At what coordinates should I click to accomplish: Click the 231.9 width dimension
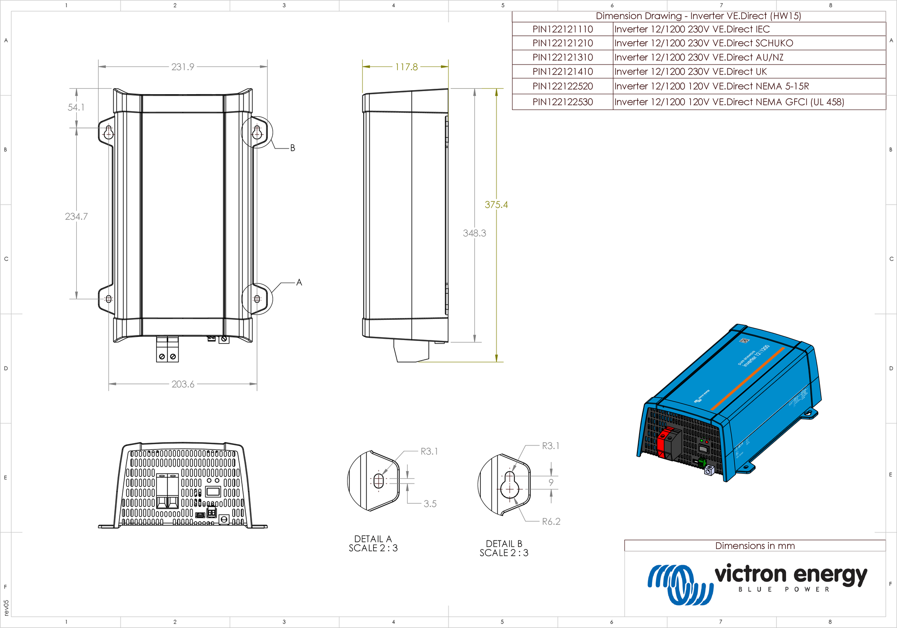point(183,67)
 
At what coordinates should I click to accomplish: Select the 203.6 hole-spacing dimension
point(183,384)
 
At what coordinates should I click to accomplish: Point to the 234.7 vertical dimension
point(76,216)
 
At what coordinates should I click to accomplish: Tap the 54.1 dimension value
point(76,107)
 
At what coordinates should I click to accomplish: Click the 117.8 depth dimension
point(406,67)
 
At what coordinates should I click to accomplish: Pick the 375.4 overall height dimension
point(496,205)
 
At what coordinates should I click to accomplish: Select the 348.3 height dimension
point(474,233)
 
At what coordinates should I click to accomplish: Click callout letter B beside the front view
point(292,148)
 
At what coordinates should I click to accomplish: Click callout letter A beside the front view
point(299,282)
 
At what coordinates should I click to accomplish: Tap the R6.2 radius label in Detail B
point(551,521)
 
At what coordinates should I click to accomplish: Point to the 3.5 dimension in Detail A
point(430,504)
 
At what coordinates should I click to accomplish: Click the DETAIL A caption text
point(373,539)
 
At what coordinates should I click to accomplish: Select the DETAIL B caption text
point(504,544)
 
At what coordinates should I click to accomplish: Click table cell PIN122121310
point(562,57)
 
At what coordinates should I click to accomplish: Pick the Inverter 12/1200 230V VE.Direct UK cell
point(690,72)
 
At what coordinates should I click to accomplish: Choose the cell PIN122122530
point(562,102)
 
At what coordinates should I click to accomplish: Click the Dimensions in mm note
point(755,545)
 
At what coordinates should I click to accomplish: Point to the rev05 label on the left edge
point(6,607)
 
